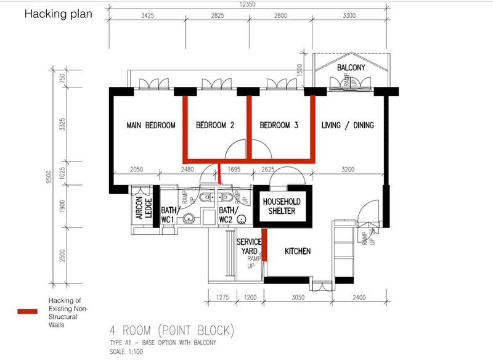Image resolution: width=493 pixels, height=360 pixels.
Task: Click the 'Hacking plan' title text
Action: [x=59, y=14]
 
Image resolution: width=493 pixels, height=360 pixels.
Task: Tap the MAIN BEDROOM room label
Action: [x=151, y=125]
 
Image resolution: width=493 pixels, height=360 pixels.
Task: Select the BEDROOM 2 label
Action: [x=215, y=125]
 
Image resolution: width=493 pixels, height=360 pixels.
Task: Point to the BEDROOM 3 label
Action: [x=279, y=125]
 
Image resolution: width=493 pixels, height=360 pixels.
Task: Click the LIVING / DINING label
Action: [x=348, y=125]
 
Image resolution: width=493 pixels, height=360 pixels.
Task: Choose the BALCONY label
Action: [x=351, y=67]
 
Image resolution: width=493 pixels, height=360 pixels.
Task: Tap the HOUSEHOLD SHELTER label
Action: [x=280, y=207]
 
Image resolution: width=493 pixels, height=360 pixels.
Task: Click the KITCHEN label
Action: [x=297, y=252]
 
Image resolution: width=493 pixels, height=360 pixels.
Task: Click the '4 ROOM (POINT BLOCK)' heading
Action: [x=170, y=328]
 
